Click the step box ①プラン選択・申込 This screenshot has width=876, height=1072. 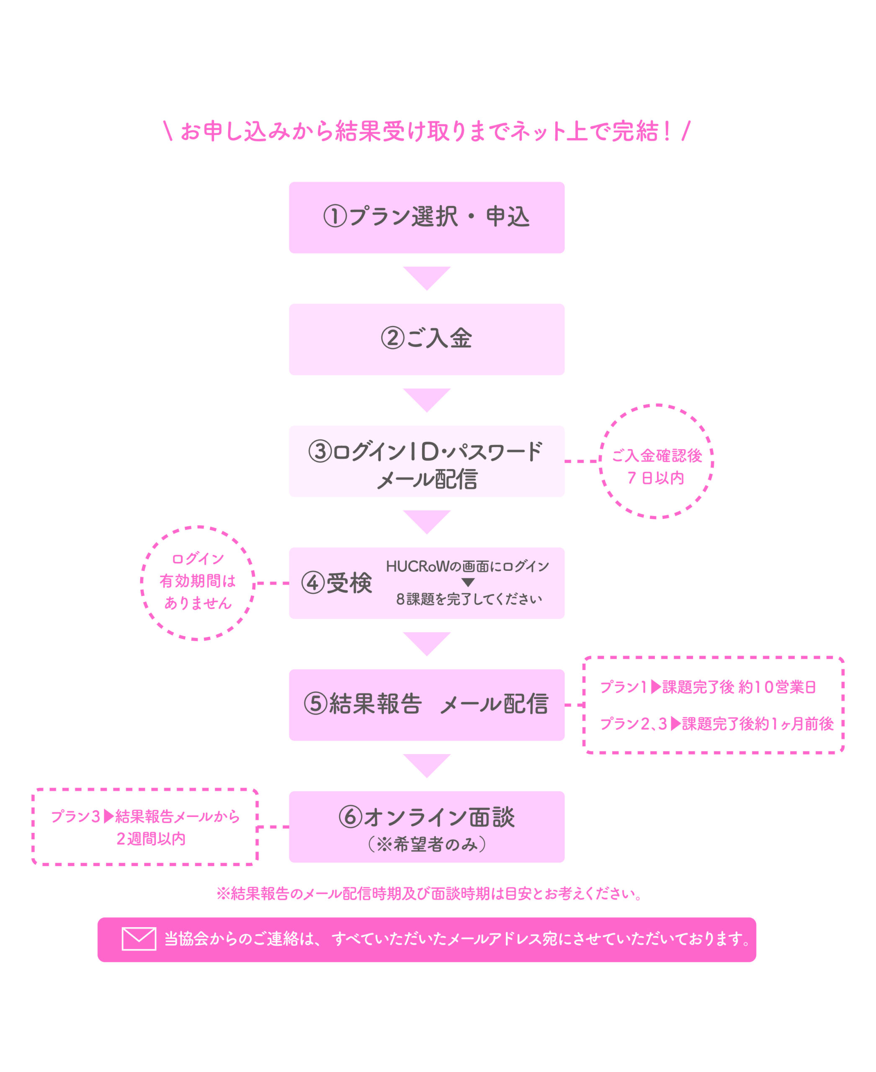click(426, 217)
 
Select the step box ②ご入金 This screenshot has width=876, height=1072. click(426, 339)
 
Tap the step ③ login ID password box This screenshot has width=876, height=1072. click(426, 461)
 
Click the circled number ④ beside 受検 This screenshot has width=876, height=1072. click(313, 583)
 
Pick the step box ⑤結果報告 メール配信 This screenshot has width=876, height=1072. click(426, 705)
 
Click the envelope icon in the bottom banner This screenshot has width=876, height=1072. click(139, 939)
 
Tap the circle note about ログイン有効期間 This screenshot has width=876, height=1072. click(198, 583)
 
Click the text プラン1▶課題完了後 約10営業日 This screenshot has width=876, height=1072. click(708, 687)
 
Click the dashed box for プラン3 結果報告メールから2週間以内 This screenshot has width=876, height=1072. click(145, 827)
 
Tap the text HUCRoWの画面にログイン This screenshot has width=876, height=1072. click(468, 566)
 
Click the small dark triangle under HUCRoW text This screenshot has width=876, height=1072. click(468, 582)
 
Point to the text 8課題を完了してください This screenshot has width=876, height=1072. click(469, 599)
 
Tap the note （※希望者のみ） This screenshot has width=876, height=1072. click(427, 844)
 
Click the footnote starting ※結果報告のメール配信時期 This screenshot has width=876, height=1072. click(430, 894)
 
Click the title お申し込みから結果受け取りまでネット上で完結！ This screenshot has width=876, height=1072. click(427, 131)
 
